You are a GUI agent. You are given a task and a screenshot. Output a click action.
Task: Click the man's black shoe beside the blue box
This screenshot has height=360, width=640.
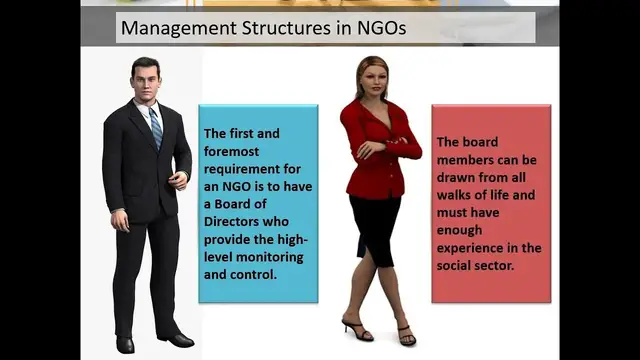pos(176,339)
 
